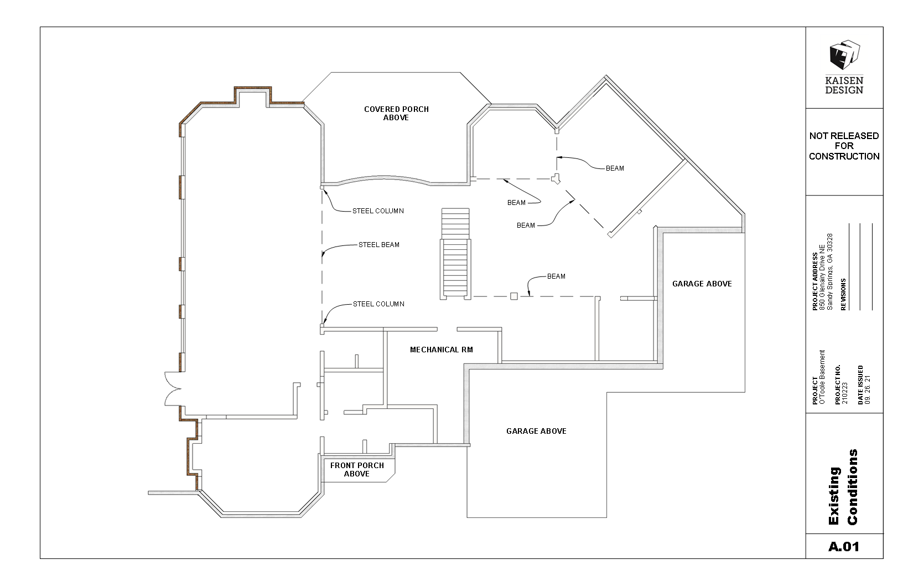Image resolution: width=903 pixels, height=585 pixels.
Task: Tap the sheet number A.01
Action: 844,547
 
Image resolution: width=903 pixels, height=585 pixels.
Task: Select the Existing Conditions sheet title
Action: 844,487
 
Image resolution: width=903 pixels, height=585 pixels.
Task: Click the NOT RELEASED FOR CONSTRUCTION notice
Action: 844,146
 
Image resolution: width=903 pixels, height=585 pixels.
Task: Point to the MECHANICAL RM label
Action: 442,350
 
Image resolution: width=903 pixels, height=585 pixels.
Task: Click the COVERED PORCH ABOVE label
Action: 396,114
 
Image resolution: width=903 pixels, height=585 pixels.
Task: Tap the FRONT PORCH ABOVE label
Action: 357,470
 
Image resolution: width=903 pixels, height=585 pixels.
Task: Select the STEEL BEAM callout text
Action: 379,245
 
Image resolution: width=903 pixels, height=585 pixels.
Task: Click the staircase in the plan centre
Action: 455,254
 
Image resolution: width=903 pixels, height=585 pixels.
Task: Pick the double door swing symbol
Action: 173,388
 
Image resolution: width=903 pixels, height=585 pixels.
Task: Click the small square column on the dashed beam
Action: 514,296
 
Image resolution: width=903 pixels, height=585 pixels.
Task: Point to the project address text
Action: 822,271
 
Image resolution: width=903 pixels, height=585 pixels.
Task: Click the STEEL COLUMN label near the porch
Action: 378,211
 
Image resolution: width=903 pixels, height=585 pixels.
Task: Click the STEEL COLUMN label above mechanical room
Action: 378,304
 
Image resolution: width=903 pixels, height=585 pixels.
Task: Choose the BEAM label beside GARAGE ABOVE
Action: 556,276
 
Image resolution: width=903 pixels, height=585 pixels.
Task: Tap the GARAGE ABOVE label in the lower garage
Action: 536,431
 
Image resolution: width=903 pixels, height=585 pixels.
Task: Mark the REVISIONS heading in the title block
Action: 843,294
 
